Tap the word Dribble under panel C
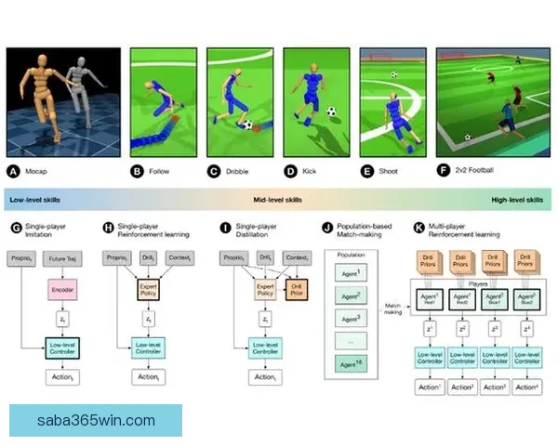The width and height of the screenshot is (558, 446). point(239,171)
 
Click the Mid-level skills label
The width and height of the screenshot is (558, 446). point(278,200)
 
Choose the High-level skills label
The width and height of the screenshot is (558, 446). point(516,200)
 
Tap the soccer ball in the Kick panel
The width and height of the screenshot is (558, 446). point(331,111)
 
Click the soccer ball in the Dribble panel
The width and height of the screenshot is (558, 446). point(246,125)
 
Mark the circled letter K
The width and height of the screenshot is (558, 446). point(419,226)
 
